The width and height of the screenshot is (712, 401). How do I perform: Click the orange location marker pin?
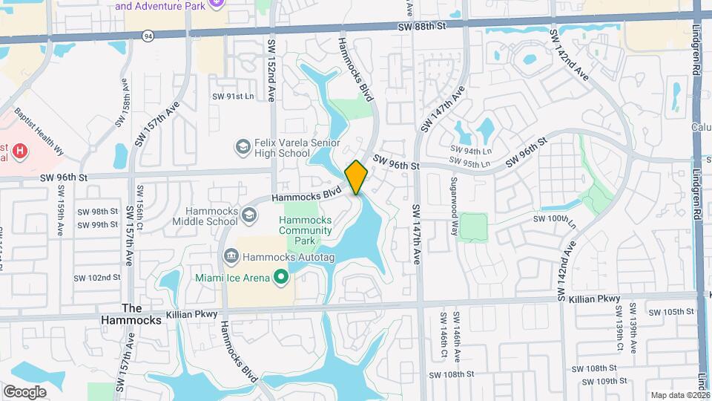coord(356,177)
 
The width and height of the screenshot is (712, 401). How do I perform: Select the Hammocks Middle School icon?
coord(249,215)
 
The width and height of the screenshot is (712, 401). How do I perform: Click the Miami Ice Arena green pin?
coord(281,278)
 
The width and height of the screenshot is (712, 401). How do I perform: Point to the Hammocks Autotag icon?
coord(231,256)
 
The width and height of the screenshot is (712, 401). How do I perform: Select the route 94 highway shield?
coord(149,35)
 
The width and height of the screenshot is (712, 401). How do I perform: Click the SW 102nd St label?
coord(97,278)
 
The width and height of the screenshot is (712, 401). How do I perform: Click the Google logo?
coord(24,391)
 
